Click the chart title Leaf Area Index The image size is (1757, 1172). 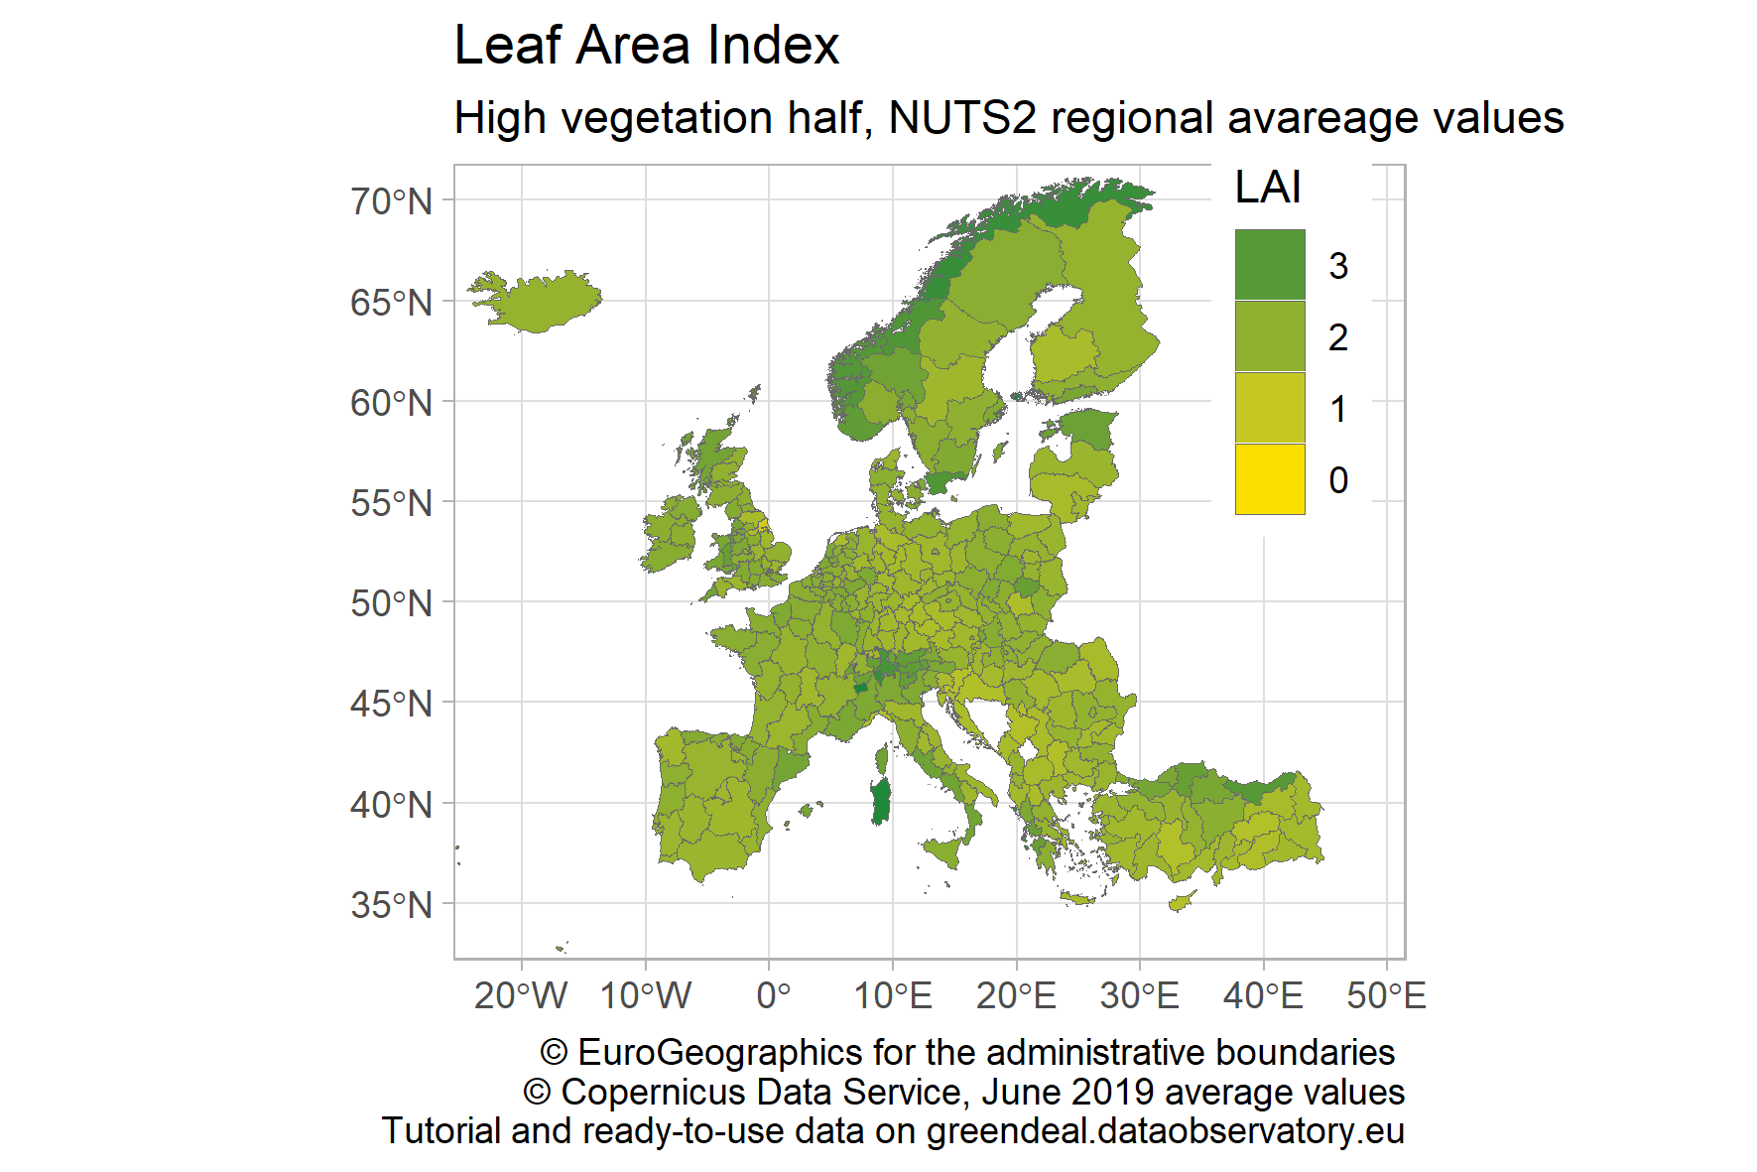(x=646, y=46)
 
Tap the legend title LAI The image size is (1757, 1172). (x=1267, y=188)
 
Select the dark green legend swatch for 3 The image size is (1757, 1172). (x=1269, y=265)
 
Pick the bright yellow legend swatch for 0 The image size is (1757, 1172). (x=1269, y=479)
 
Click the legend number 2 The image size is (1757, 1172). (x=1337, y=337)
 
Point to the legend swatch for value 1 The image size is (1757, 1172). (x=1269, y=408)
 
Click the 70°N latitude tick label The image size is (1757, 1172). (x=391, y=201)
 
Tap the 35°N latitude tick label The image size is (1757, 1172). (x=391, y=905)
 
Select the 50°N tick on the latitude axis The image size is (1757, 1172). (x=391, y=603)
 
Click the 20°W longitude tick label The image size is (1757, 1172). (x=521, y=994)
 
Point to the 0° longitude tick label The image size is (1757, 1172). (x=773, y=994)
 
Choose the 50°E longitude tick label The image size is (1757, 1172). (x=1386, y=994)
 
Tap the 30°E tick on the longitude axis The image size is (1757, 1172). (x=1139, y=994)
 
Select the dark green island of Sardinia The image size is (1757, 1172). (x=880, y=802)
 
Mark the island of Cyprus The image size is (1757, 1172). (x=1181, y=902)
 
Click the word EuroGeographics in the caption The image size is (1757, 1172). (x=720, y=1052)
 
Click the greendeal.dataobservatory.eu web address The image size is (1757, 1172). (x=1165, y=1131)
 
